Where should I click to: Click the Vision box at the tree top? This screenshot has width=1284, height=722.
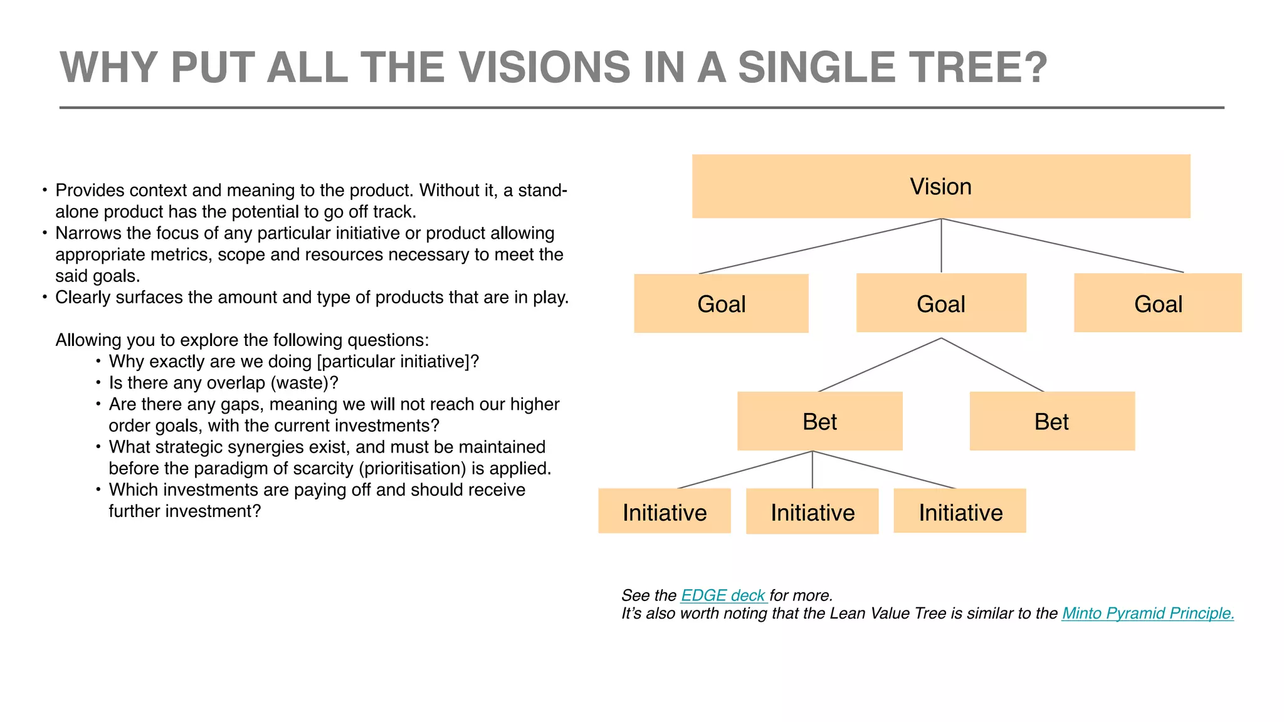coord(940,187)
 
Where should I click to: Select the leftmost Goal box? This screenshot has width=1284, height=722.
coord(721,304)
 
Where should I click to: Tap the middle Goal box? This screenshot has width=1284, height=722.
coord(940,303)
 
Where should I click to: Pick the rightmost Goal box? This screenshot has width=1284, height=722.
coord(1157,303)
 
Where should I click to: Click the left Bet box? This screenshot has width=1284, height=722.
coord(819,421)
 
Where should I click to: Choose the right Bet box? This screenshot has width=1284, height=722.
coord(1051,421)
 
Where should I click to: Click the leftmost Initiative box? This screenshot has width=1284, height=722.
coord(664,511)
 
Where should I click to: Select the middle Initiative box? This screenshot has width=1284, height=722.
coord(812,512)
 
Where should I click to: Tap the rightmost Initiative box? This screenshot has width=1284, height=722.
coord(959,511)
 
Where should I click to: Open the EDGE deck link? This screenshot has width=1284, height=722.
coord(723,595)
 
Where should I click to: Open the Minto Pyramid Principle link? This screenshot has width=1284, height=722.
coord(1147,614)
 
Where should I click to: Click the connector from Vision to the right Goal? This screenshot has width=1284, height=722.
coord(1063,246)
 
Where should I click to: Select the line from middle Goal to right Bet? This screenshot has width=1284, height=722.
coord(992,365)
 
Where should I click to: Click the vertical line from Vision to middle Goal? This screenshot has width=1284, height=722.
coord(941,246)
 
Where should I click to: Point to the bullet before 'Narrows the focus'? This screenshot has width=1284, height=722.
coord(45,233)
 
